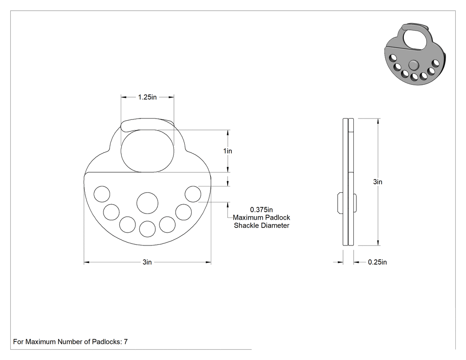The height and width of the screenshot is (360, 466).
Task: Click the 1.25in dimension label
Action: point(147,97)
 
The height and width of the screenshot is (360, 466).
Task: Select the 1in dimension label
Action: point(228,151)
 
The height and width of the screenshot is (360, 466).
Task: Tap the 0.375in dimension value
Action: point(261,210)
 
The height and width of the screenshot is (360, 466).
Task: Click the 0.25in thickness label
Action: point(377,262)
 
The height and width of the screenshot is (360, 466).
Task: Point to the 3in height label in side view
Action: point(378,182)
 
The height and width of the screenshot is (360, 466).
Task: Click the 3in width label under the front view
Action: point(147,262)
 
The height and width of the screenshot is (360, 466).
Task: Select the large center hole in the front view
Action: point(147,203)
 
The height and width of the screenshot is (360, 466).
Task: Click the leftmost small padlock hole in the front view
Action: point(102,194)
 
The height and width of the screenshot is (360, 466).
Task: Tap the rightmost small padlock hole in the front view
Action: point(193,194)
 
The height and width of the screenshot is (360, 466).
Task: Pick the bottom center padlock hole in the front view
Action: point(147,229)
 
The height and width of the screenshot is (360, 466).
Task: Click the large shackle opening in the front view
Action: point(147,151)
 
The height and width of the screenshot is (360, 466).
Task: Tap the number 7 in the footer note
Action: point(126,342)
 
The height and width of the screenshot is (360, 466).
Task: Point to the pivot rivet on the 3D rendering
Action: point(413,64)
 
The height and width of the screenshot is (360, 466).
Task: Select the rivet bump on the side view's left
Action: point(340,203)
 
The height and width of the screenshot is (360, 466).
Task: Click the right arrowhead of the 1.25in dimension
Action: point(171,97)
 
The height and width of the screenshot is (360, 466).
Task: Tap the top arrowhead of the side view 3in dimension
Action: point(378,121)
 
